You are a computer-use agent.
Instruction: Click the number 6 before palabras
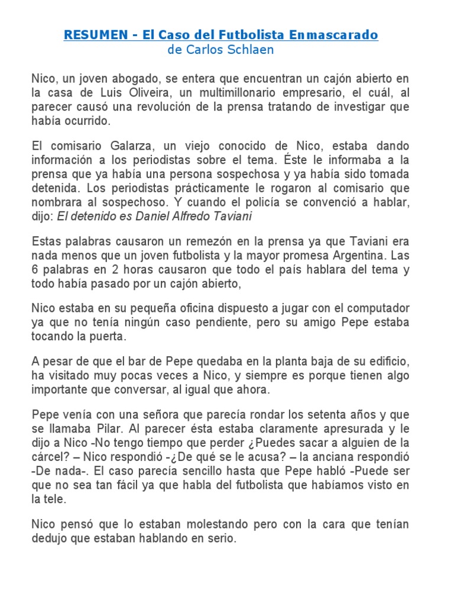pos(35,270)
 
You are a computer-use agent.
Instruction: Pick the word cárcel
pos(48,457)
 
